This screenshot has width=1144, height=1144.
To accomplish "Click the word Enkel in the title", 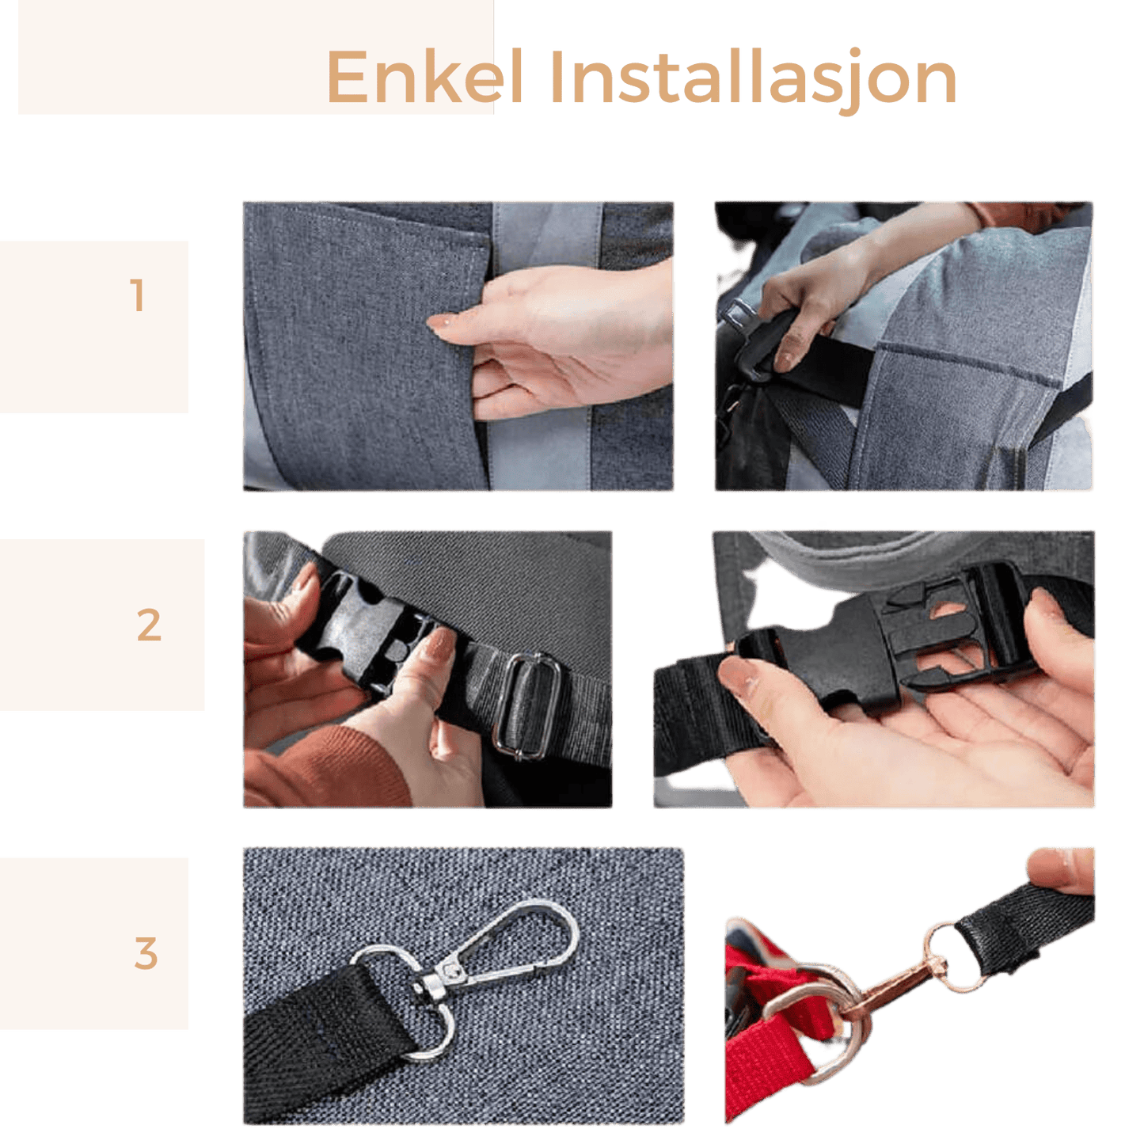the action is pos(424,77).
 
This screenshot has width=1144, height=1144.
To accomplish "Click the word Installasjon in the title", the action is pos(753,81).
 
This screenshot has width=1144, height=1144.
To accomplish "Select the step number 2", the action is pos(149,625).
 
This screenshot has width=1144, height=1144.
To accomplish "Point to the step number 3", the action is pos(146,953).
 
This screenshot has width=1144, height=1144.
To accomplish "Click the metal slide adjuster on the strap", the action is pos(526,705).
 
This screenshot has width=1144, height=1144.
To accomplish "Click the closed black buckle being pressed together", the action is pos(368,629).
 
